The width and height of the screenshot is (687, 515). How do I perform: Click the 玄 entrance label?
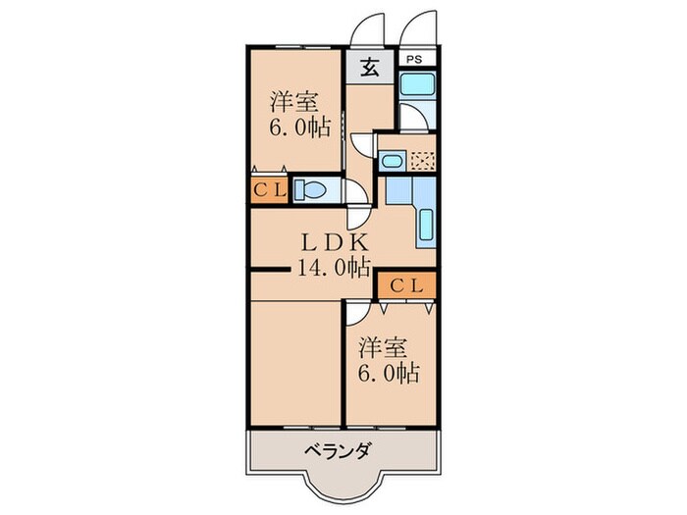coord(369,68)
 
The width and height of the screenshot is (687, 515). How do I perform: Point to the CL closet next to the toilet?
coord(269,190)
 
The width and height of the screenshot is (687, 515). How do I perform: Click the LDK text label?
coord(333,241)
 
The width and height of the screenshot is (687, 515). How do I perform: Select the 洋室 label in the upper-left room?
coord(291,101)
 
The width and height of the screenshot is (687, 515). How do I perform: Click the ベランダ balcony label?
coord(337,452)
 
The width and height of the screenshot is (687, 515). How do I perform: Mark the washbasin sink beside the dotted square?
coord(392,161)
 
